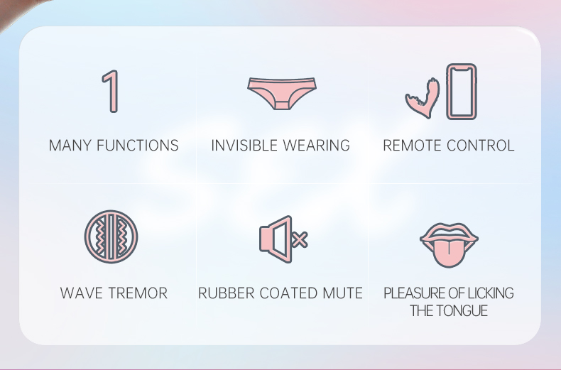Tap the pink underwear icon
pos(282,93)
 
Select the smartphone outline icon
pos(462,91)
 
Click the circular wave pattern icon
pos(111,236)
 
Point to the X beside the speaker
pos(300,239)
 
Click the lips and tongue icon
pos(449,245)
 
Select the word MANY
pos(71,146)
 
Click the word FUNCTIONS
pos(138,146)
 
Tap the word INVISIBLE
pos(245,146)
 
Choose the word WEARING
pos(316,146)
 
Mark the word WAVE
pos(82,293)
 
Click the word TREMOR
pos(138,293)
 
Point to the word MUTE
pos(343,293)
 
